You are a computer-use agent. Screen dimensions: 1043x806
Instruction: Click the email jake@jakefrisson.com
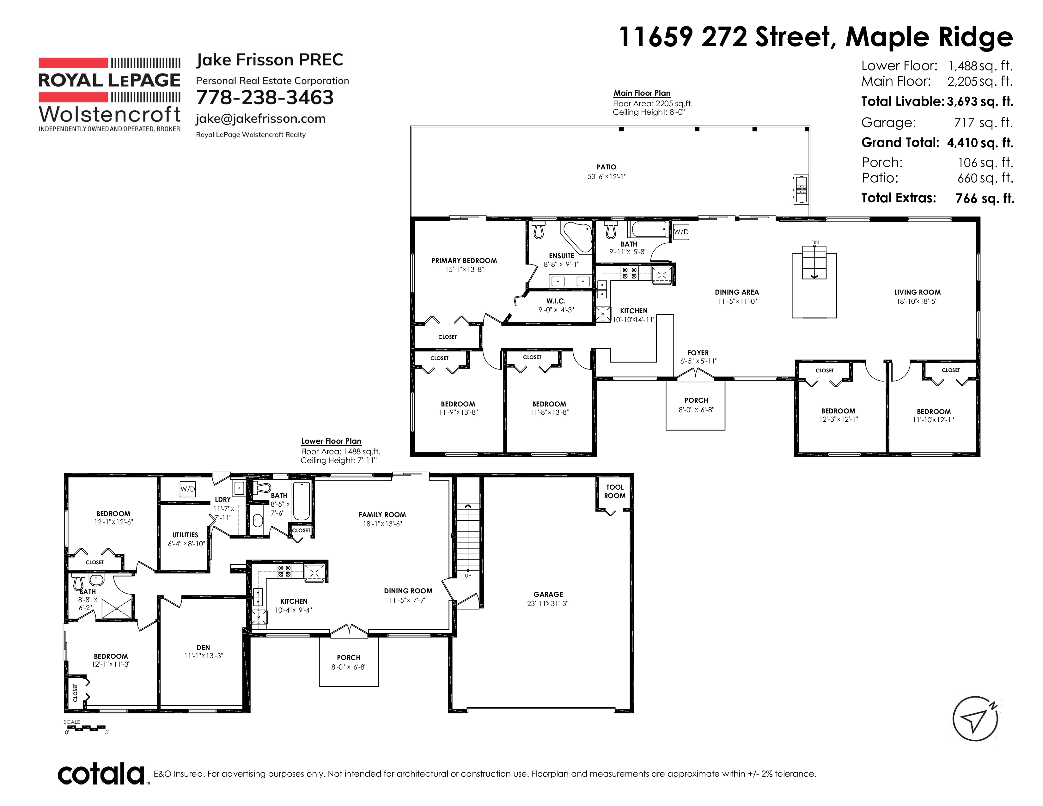coord(261,119)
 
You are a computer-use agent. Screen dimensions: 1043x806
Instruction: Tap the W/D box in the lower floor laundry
coord(188,489)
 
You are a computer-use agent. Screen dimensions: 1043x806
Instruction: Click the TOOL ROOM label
coord(615,491)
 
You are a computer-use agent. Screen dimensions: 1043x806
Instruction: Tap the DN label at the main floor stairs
coord(815,242)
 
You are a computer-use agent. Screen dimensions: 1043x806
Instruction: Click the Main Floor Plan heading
coord(642,93)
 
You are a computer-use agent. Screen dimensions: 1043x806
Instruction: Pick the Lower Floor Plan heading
coord(331,441)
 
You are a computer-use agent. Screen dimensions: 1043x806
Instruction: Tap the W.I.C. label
coord(556,301)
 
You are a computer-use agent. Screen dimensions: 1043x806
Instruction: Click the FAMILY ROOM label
coord(382,515)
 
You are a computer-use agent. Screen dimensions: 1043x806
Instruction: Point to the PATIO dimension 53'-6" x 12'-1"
coord(607,177)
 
